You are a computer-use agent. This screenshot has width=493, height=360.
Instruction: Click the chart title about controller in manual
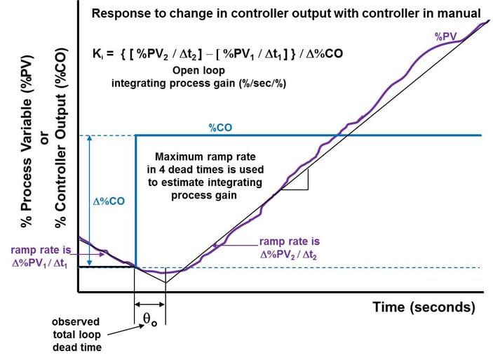pos(286,13)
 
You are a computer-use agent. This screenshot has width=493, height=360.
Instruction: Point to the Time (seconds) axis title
pos(424,307)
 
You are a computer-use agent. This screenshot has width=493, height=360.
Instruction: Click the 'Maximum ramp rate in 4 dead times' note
pos(208,175)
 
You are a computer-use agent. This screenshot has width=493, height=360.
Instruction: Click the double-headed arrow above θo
pos(149,304)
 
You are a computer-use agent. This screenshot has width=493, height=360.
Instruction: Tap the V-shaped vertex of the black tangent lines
pos(166,282)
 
